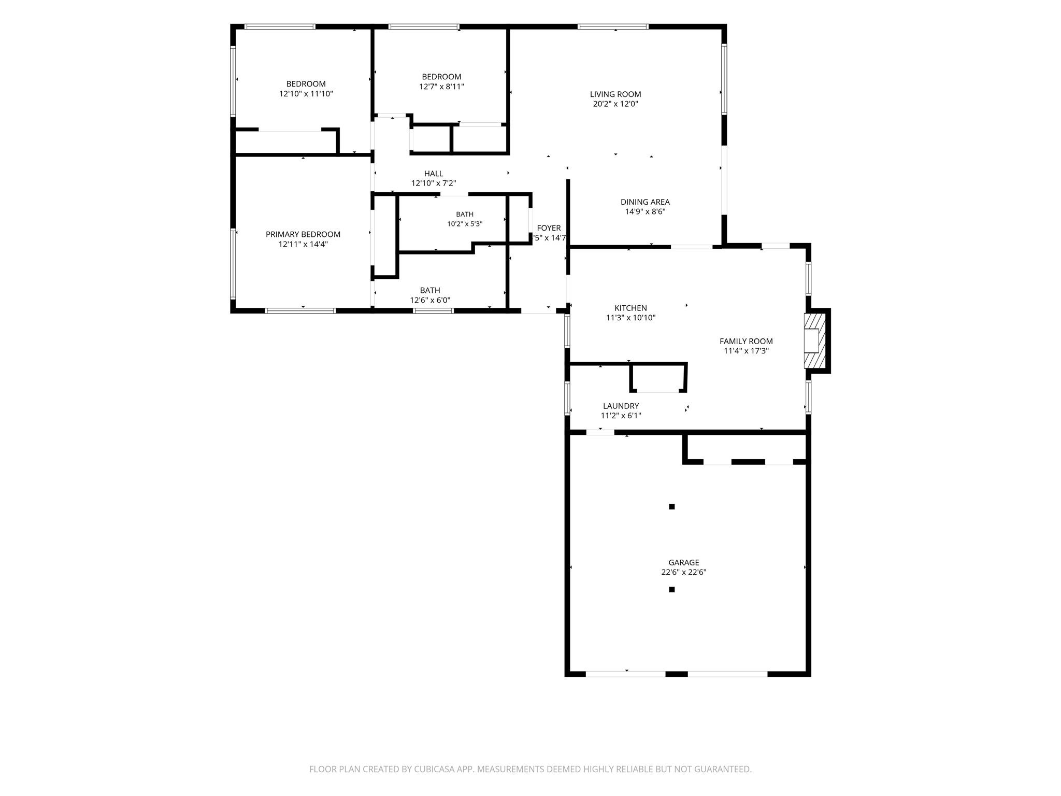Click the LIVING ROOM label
click(615, 94)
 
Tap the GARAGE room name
click(684, 562)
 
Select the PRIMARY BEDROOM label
click(303, 234)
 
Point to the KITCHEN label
click(630, 308)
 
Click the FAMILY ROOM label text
click(746, 341)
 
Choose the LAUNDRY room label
click(621, 406)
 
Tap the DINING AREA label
click(645, 202)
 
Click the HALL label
click(434, 174)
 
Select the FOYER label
click(549, 228)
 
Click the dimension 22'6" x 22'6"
click(684, 572)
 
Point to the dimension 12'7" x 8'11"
click(441, 87)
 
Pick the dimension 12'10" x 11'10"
click(306, 94)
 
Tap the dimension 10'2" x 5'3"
click(465, 224)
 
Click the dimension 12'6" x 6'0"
click(430, 300)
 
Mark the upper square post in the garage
click(672, 507)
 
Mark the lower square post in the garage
click(672, 589)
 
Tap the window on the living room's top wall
click(613, 26)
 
